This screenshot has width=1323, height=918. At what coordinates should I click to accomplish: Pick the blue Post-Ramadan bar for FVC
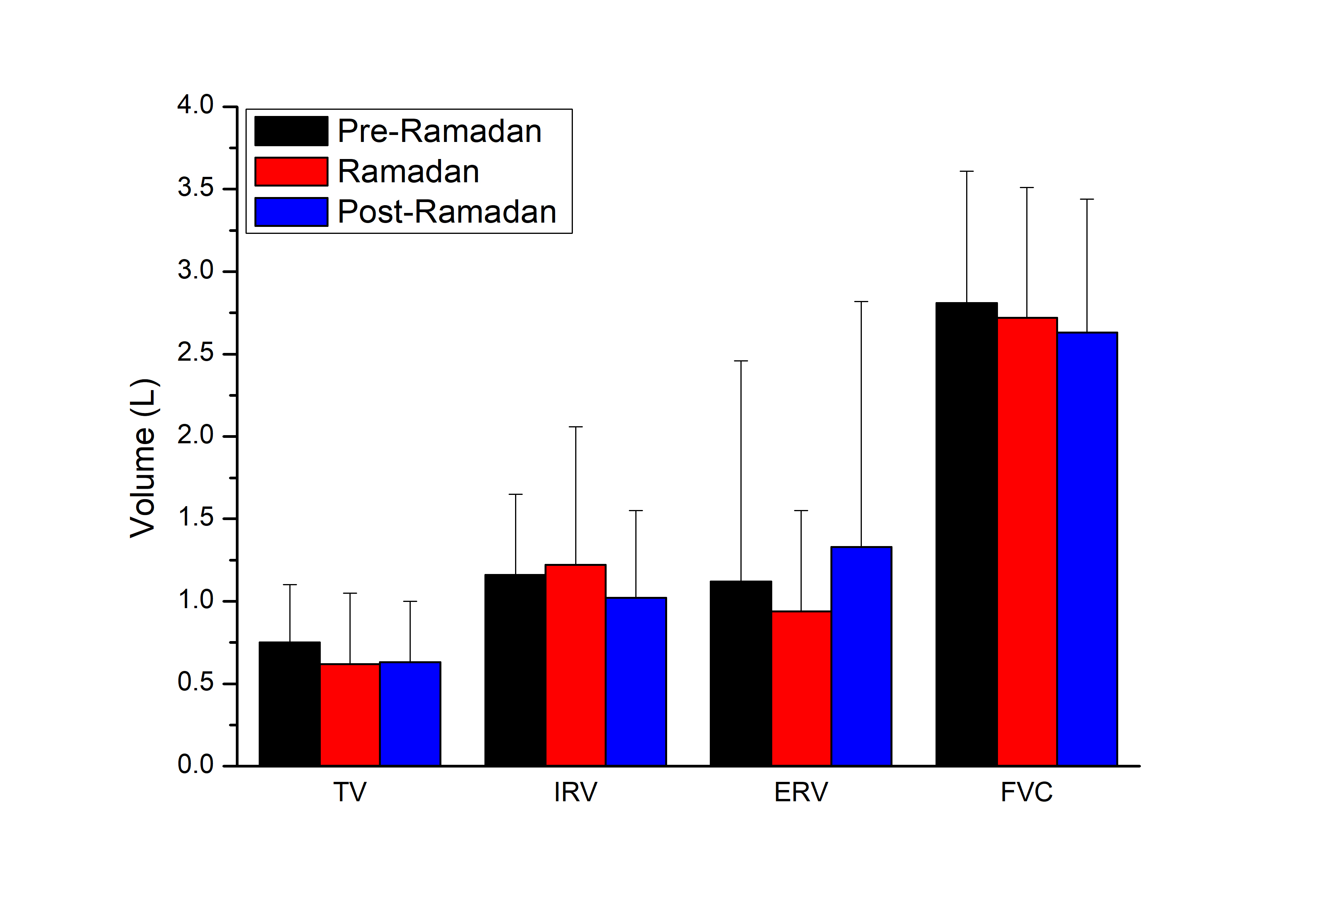(1086, 549)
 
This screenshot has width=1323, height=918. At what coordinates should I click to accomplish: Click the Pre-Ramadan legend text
(439, 131)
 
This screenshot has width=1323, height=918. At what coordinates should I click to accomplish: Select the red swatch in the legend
(291, 171)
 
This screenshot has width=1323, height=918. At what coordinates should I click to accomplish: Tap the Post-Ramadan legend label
(446, 212)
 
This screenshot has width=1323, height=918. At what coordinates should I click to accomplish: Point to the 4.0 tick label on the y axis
(195, 106)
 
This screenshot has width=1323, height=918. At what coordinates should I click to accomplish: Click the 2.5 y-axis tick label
(195, 353)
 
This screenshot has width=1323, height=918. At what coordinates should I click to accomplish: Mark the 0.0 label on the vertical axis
(195, 765)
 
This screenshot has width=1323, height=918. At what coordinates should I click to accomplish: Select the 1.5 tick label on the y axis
(195, 518)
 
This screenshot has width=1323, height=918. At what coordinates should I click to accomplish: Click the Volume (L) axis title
(143, 458)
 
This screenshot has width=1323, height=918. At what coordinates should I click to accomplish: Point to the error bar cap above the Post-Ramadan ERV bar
(861, 301)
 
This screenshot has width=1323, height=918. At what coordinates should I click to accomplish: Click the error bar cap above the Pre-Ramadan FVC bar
(967, 171)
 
